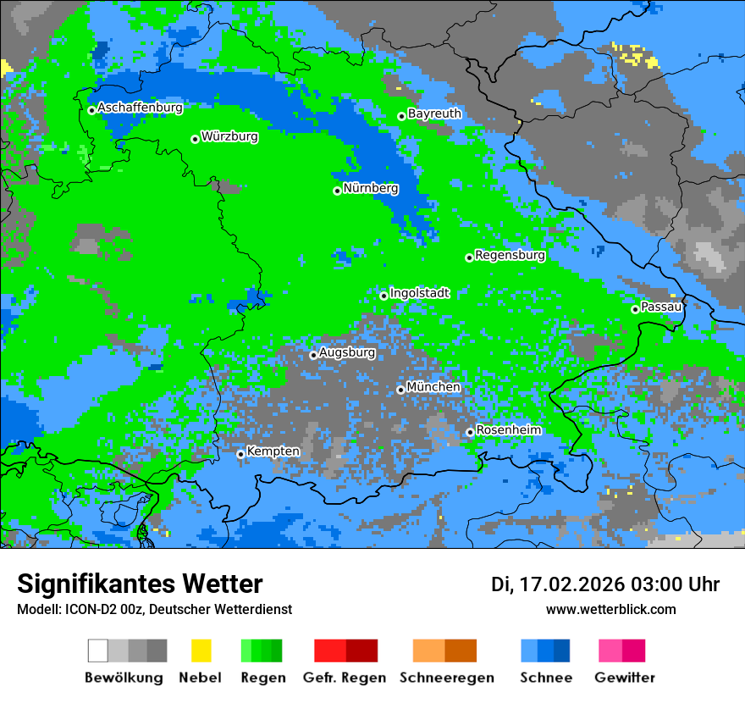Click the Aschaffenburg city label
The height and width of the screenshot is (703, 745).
140,108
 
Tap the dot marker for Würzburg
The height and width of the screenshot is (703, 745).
195,139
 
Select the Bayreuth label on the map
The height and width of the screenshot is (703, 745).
434,113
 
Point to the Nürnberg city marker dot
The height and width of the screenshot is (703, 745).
337,191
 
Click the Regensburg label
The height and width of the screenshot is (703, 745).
510,255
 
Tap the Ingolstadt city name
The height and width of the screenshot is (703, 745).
419,293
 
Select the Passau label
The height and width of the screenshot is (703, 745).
661,307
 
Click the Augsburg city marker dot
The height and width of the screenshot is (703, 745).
313,355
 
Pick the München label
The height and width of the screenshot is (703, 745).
433,387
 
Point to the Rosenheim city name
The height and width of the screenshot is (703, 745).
508,430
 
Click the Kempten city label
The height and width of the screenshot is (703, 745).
273,451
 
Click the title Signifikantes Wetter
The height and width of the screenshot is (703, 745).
140,584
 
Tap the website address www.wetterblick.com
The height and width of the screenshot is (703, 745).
610,610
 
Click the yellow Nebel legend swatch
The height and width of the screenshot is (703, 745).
201,650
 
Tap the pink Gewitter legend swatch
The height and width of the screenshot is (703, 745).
610,650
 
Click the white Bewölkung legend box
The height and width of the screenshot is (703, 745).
98,650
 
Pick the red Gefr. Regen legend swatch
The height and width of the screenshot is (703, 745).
330,650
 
